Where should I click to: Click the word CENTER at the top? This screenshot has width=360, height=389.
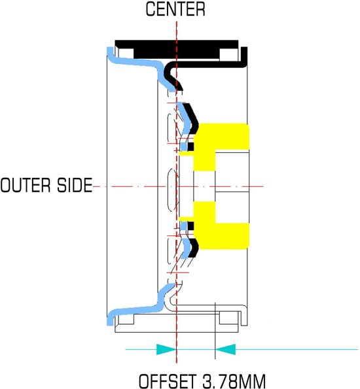click(175, 9)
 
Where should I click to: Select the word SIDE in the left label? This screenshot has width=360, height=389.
click(75, 185)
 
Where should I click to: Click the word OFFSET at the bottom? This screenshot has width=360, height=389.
click(167, 381)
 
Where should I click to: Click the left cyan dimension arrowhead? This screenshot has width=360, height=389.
click(166, 349)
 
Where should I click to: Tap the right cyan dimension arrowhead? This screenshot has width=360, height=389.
click(225, 349)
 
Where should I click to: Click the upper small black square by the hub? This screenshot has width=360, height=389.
click(190, 146)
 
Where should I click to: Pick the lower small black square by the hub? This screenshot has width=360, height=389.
click(190, 226)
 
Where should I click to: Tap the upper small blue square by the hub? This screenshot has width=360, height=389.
click(183, 146)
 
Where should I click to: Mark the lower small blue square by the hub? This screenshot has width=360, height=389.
click(183, 226)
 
